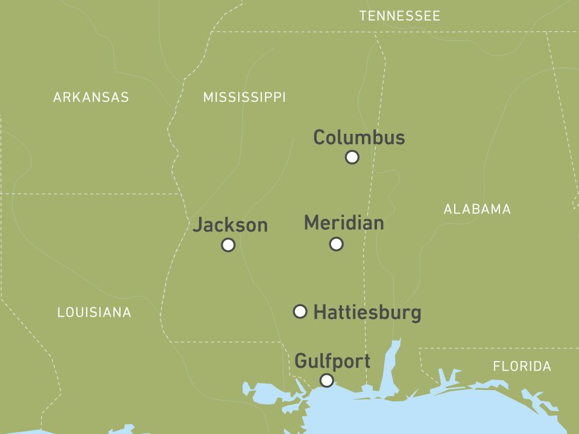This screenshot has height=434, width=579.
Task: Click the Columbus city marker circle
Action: tap(352, 157)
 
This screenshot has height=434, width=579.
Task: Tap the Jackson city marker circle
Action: tap(228, 245)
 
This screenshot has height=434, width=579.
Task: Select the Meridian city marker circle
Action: tap(337, 244)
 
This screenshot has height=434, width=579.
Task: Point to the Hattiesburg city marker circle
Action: tap(300, 311)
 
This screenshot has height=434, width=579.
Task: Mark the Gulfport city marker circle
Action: tap(326, 380)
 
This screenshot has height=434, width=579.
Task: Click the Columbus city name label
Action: tap(359, 137)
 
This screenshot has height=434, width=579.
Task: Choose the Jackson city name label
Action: tap(230, 225)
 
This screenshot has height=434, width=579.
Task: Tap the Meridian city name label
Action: tap(344, 222)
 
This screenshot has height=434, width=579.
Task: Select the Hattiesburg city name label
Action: tap(367, 312)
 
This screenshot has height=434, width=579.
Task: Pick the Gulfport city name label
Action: tap(332, 361)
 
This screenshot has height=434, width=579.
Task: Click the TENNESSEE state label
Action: tap(400, 16)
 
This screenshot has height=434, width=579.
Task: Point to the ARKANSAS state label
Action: tap(91, 97)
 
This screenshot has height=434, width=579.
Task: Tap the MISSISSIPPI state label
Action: tap(244, 97)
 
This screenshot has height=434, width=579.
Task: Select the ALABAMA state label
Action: tap(477, 209)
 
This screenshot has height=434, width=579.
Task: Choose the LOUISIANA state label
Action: tap(94, 312)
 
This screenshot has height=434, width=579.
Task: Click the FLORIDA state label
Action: tap(522, 366)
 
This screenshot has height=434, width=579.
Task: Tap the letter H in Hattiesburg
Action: tap(320, 312)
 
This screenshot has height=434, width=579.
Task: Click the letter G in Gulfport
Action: tap(300, 361)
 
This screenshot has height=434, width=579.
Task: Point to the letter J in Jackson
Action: tap(198, 225)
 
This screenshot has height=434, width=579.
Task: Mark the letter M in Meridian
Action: tap(311, 222)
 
